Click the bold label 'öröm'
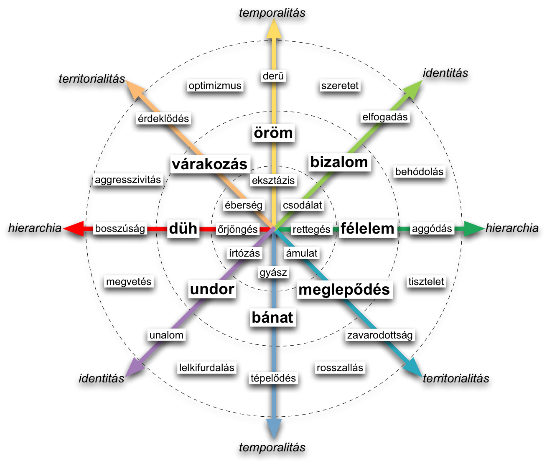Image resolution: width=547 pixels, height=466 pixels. [x=273, y=133]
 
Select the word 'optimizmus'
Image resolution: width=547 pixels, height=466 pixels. [x=215, y=86]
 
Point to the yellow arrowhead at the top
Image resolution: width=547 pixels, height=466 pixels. [x=274, y=29]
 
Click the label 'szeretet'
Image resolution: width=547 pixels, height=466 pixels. [x=340, y=86]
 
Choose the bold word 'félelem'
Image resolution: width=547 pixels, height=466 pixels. [x=367, y=229]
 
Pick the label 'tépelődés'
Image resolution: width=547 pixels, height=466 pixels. [x=273, y=378]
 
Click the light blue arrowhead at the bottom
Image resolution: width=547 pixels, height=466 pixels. [x=274, y=428]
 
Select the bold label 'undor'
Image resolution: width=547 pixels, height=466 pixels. [x=212, y=289]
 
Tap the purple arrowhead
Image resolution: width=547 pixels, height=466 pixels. [x=135, y=368]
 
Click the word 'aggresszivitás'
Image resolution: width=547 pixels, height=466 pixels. [x=128, y=180]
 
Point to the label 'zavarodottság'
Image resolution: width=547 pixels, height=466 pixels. [x=380, y=335]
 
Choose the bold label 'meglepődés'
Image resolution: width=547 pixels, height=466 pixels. [x=344, y=290]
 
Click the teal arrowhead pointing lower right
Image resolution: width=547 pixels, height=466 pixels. [x=413, y=368]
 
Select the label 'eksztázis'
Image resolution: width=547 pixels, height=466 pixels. [x=273, y=181]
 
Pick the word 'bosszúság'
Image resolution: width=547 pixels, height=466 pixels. [x=120, y=229]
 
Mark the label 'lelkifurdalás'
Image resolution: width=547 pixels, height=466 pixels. [x=207, y=368]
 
